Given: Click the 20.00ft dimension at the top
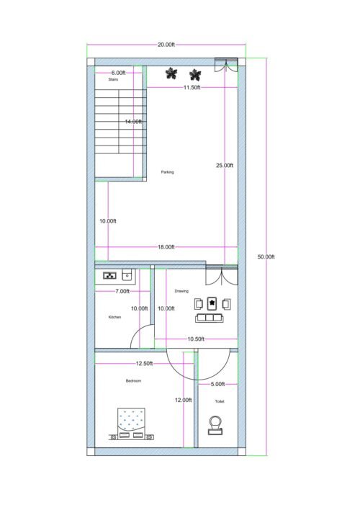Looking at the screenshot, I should tap(166, 45).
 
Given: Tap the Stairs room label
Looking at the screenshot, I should tap(113, 80).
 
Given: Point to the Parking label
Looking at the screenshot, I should tap(167, 172).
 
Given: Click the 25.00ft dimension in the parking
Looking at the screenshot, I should tap(225, 165).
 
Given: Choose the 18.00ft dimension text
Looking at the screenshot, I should tap(166, 247).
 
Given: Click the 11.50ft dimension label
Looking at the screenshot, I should tap(192, 87).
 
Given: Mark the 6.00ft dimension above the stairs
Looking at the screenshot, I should tap(119, 73).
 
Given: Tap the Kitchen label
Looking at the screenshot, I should tap(114, 317).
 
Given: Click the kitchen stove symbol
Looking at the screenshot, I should tap(111, 274).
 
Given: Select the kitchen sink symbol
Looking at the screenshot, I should tap(127, 274).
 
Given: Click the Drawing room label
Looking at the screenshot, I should tap(181, 291).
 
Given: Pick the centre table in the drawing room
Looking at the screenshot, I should tap(212, 303).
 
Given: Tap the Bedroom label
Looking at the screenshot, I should tap(133, 380).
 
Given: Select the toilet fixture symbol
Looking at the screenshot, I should tap(215, 426).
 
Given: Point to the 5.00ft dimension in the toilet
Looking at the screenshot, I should tap(217, 384).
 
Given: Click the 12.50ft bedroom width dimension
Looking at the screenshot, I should tap(145, 364).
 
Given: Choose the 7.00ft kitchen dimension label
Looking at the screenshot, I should tap(122, 292).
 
